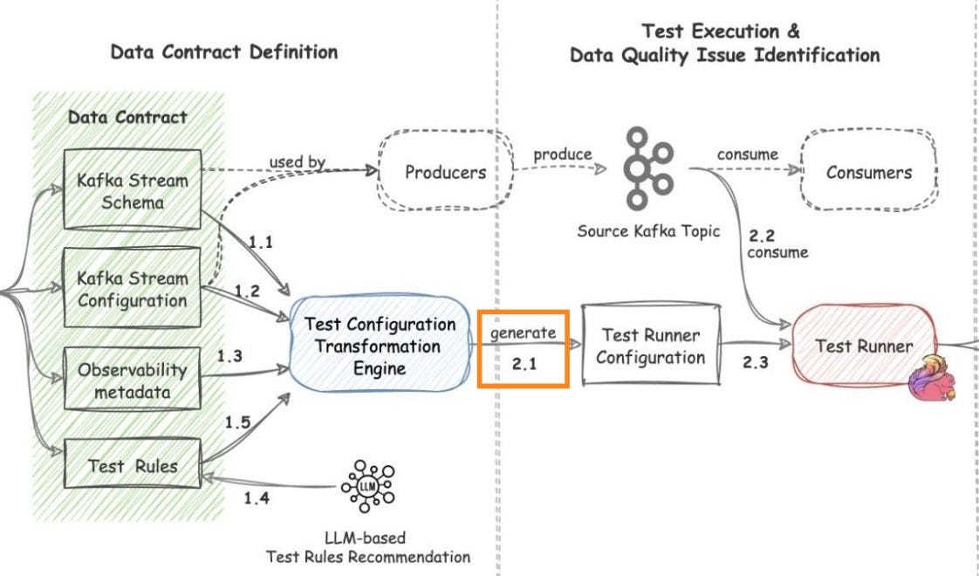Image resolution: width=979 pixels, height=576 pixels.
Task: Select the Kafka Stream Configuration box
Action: click(133, 289)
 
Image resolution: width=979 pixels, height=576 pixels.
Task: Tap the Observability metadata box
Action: click(133, 381)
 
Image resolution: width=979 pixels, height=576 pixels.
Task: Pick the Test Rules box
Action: click(133, 466)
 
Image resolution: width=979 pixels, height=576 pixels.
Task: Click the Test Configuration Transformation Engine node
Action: click(380, 346)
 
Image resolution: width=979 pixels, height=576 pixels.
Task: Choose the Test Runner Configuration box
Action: click(650, 346)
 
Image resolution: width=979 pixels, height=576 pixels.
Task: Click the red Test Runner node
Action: click(864, 346)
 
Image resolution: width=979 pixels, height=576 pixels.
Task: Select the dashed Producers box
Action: click(445, 173)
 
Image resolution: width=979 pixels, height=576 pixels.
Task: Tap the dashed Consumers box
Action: click(868, 173)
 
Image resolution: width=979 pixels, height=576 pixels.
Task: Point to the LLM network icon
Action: click(368, 485)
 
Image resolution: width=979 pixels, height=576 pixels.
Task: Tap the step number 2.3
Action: click(755, 363)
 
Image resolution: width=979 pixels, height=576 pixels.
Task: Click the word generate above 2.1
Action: click(523, 333)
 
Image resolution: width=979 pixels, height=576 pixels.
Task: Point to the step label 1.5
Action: click(237, 422)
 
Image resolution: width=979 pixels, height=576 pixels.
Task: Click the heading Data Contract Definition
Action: click(224, 51)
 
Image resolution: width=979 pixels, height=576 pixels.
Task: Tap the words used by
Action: click(297, 161)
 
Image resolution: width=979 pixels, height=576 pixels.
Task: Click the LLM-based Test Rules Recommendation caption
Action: click(368, 547)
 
